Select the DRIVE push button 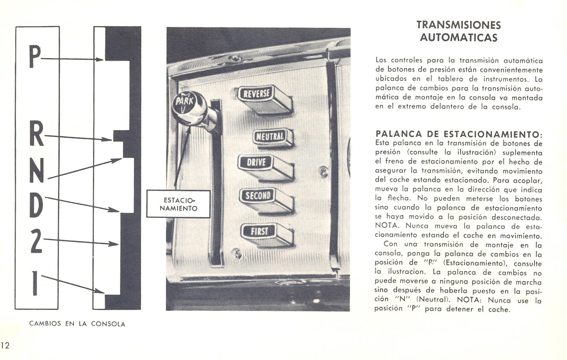tap(257, 162)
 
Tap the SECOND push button tap(258, 195)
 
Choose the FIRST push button tap(259, 231)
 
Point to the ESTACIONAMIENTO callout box tap(178, 204)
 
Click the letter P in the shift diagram tap(34, 57)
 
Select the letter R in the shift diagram tap(36, 134)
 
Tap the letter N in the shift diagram tap(36, 171)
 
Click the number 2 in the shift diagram tap(36, 241)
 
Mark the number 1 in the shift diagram tap(35, 283)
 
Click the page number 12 tap(5, 345)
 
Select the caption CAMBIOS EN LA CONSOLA tap(77, 324)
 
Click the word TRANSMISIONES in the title tap(459, 25)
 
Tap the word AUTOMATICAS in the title tap(458, 37)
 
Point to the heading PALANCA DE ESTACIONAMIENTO tap(458, 134)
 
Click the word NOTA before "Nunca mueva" tap(387, 226)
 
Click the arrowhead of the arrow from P tap(100, 60)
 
